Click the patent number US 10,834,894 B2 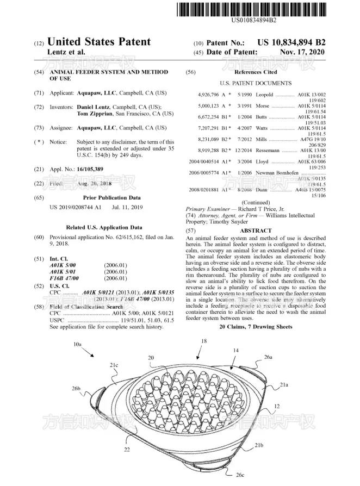tap(291, 42)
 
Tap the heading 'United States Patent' tap(99, 42)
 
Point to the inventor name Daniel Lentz tap(96, 107)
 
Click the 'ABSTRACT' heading tap(256, 231)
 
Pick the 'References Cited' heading tap(256, 72)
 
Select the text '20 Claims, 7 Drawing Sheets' tap(256, 327)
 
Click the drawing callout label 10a tap(77, 344)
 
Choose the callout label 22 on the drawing tap(126, 448)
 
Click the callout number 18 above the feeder tap(204, 341)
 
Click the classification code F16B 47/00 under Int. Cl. tap(64, 278)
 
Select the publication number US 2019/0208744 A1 tap(76, 207)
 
